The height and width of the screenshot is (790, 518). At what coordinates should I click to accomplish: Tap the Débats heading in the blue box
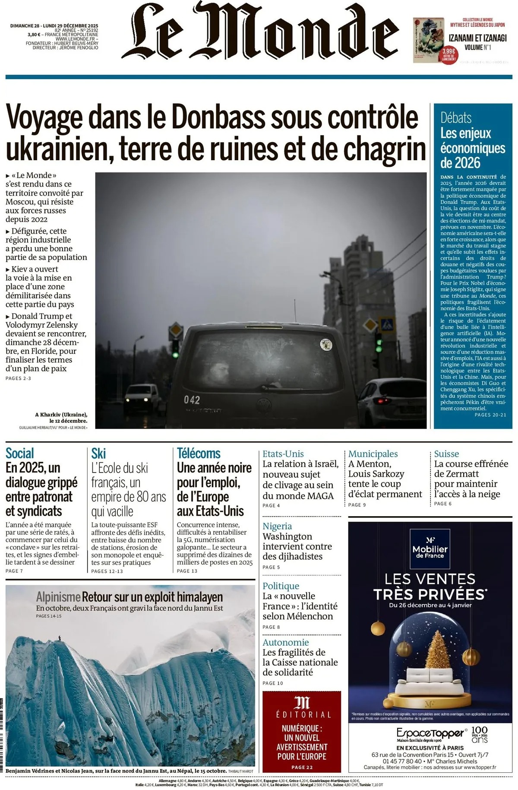pyautogui.click(x=456, y=117)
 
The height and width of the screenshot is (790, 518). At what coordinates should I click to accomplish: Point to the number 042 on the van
pyautogui.click(x=192, y=400)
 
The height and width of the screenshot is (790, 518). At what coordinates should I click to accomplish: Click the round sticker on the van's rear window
pyautogui.click(x=326, y=344)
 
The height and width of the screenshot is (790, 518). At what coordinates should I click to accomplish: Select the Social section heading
pyautogui.click(x=20, y=454)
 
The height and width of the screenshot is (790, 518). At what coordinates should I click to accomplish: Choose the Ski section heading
pyautogui.click(x=98, y=454)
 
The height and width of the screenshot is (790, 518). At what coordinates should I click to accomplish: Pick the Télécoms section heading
pyautogui.click(x=199, y=454)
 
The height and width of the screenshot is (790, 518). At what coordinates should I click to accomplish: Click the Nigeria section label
pyautogui.click(x=277, y=526)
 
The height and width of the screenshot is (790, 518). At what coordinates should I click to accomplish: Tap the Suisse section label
pyautogui.click(x=446, y=454)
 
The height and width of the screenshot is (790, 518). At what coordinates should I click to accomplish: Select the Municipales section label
pyautogui.click(x=373, y=454)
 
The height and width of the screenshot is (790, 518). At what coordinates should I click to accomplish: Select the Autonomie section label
pyautogui.click(x=286, y=642)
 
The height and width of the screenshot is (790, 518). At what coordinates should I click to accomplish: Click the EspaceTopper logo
pyautogui.click(x=430, y=733)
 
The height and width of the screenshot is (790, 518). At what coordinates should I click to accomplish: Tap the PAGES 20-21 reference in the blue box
pyautogui.click(x=490, y=415)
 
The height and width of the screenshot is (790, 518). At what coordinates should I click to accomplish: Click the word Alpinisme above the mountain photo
pyautogui.click(x=58, y=597)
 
